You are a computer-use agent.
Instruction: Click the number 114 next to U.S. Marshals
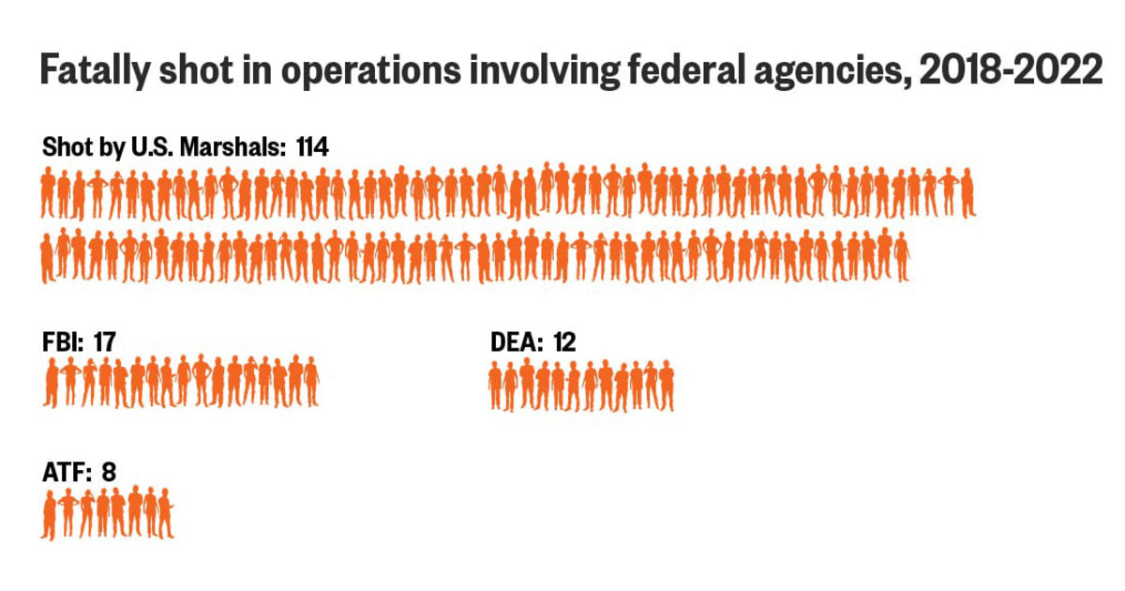pyautogui.click(x=311, y=147)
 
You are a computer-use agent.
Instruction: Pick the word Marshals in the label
pyautogui.click(x=246, y=147)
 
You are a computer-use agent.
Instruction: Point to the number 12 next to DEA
pyautogui.click(x=564, y=341)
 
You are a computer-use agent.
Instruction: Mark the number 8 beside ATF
pyautogui.click(x=109, y=472)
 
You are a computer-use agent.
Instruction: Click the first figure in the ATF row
pyautogui.click(x=49, y=515)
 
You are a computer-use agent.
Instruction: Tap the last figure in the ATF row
pyautogui.click(x=165, y=515)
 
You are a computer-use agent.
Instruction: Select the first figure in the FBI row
pyautogui.click(x=51, y=384)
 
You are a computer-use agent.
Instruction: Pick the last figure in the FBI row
pyautogui.click(x=310, y=382)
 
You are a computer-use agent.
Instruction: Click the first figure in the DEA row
pyautogui.click(x=496, y=386)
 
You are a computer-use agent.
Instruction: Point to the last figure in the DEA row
pyautogui.click(x=666, y=386)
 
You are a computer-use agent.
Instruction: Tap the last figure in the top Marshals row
pyautogui.click(x=967, y=193)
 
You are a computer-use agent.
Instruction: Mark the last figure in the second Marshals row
pyautogui.click(x=901, y=256)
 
